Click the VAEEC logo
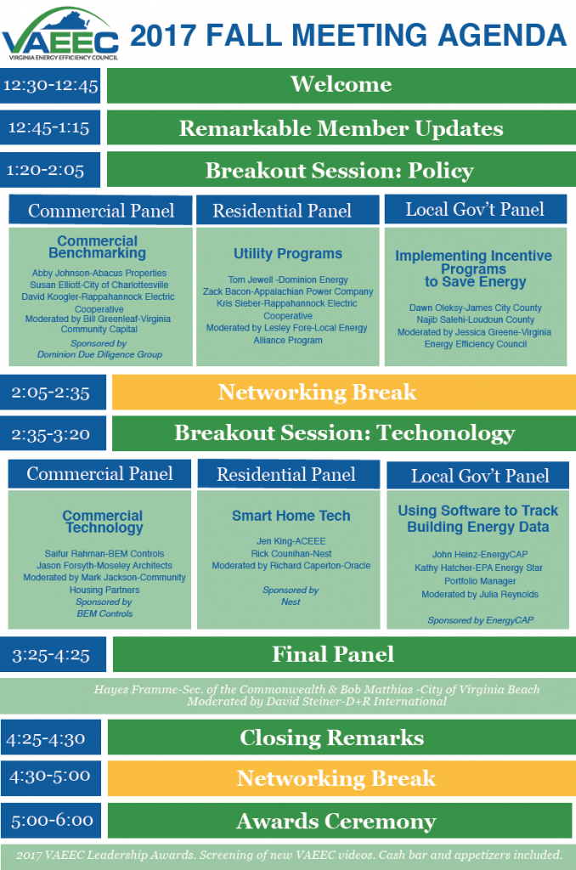60,33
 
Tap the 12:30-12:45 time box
50,86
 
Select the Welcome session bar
342,86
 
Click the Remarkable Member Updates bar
342,127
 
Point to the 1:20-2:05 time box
50,170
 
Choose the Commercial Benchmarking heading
98,247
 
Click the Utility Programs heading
288,253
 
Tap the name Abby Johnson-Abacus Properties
99,273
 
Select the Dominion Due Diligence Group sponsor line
100,354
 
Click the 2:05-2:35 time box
53,393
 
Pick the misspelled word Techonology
446,433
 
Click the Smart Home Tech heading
291,516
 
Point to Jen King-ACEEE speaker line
291,541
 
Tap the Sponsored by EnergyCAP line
481,620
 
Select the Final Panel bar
344,654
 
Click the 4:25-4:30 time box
51,737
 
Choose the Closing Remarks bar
342,737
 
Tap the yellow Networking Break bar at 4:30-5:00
342,778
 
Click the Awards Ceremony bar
340,821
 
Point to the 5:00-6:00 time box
51,821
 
